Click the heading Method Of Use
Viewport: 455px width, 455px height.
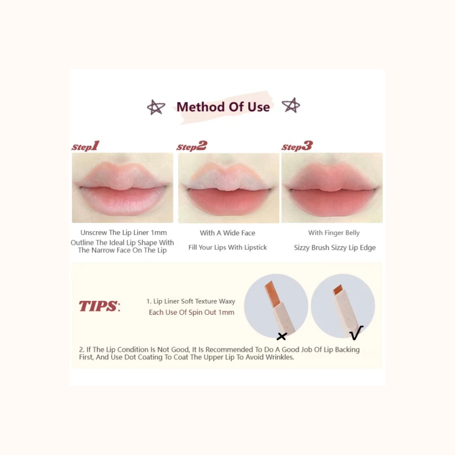point(223,107)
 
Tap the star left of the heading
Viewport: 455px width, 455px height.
point(155,107)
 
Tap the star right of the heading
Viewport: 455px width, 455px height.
point(291,105)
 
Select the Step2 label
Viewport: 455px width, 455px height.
point(192,146)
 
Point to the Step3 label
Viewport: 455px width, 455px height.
point(297,146)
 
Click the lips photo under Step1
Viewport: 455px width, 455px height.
point(123,187)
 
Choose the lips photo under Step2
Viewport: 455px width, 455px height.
point(228,187)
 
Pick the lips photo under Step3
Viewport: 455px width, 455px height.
point(332,187)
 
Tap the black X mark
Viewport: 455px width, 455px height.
point(282,336)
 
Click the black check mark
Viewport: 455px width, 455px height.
point(356,333)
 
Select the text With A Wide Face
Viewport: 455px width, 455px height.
point(227,233)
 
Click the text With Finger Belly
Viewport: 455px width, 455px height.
point(334,233)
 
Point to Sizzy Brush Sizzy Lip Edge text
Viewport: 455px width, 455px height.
point(335,248)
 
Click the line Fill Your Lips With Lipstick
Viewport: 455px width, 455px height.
point(227,247)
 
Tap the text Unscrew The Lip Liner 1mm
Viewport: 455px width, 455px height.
point(123,233)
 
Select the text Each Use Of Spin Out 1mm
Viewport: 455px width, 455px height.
point(191,313)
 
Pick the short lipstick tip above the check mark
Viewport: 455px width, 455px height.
point(337,290)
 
